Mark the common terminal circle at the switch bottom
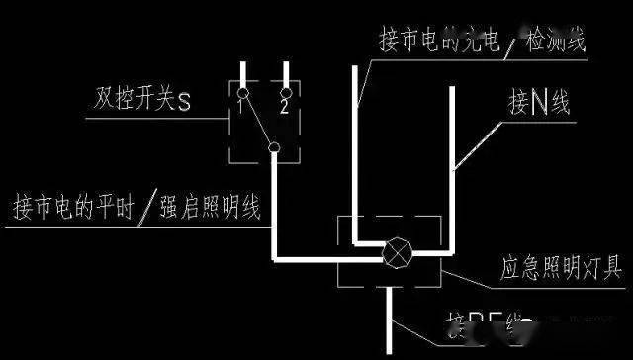[273, 148]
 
